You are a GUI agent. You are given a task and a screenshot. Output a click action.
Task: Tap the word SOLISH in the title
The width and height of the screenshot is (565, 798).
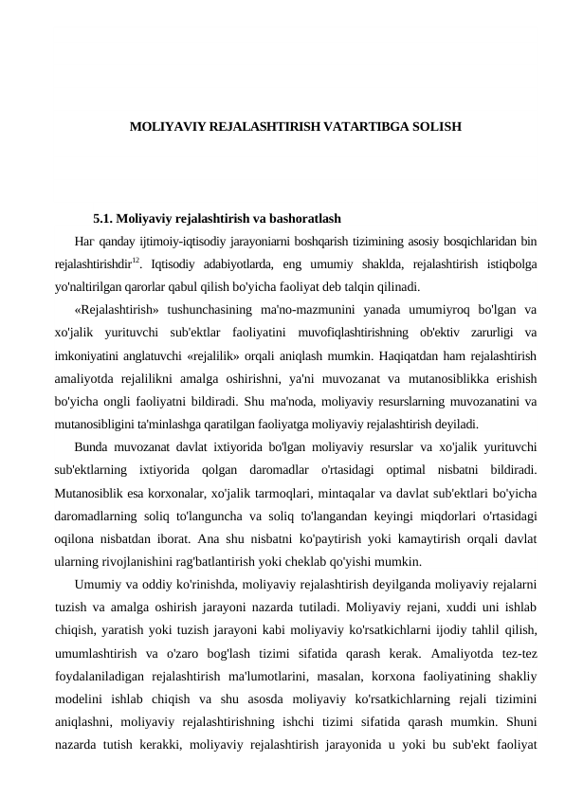pos(435,125)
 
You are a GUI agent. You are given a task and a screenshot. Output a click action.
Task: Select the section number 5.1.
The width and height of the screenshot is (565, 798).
pos(104,220)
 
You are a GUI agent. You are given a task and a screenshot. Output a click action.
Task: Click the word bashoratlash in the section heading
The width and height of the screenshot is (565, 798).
pos(304,220)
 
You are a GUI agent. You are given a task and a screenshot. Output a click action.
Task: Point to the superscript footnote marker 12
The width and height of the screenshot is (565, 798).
pos(136,260)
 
